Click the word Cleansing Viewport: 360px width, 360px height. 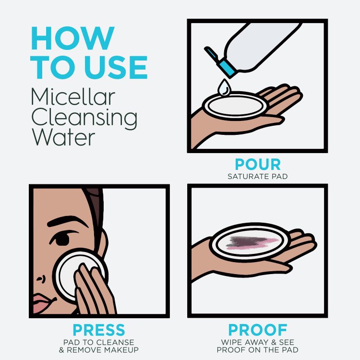(x=84, y=117)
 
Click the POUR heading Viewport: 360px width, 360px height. (x=258, y=165)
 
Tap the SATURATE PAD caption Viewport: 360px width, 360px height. (x=258, y=177)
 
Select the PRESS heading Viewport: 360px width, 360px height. (x=99, y=330)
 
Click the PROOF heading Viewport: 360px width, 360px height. (x=258, y=330)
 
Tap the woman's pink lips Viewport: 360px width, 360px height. (x=42, y=303)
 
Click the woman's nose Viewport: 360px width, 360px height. (x=40, y=276)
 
